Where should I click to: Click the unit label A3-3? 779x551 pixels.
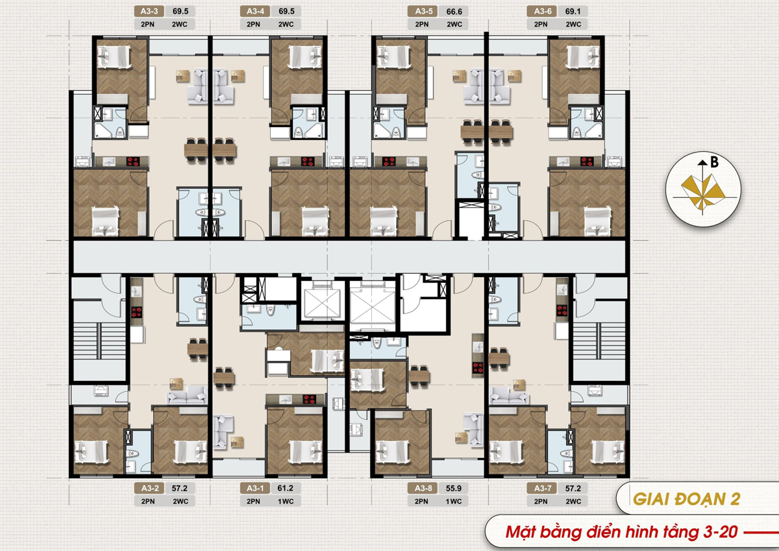click(149, 11)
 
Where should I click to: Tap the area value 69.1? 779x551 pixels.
click(573, 11)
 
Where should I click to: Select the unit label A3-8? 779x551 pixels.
click(423, 488)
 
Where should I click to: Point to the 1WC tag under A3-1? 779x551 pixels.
click(286, 501)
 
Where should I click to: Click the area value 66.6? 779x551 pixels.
click(454, 12)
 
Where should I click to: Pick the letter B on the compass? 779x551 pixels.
click(714, 162)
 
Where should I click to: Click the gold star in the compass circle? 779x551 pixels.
click(702, 192)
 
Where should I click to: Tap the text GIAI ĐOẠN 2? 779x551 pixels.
click(687, 499)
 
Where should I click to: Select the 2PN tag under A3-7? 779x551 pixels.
click(541, 501)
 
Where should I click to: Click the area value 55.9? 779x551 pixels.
click(454, 488)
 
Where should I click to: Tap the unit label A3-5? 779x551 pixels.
click(423, 11)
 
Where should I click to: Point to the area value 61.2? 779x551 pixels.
click(285, 488)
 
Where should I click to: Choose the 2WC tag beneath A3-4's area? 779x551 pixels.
click(286, 24)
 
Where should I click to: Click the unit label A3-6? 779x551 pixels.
click(543, 11)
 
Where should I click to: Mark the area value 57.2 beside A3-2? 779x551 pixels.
click(179, 488)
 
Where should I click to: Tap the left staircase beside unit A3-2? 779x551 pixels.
click(99, 341)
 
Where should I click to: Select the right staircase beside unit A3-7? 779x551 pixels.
click(599, 341)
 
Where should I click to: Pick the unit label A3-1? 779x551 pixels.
click(255, 488)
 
